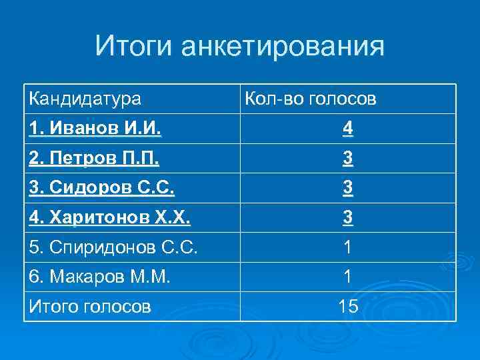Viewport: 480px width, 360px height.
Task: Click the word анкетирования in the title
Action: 283,47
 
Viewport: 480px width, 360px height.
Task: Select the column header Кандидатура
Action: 85,99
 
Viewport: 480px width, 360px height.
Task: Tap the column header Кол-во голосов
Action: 311,99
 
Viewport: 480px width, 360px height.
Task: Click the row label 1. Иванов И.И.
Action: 95,129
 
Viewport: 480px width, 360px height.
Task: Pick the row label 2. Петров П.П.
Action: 94,159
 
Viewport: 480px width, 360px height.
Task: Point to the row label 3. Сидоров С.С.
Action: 101,189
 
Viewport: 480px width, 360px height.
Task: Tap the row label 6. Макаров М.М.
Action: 99,277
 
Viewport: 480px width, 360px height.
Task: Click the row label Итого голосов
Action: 89,307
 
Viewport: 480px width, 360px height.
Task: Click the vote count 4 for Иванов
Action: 348,129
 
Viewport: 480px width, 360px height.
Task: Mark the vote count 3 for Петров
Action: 348,159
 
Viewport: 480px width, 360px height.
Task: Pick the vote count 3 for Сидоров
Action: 348,189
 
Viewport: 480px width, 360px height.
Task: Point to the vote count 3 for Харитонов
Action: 348,218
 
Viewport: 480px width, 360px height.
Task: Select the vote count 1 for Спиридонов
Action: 348,247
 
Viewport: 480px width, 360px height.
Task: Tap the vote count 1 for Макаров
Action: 348,277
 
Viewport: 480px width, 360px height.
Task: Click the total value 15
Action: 348,307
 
